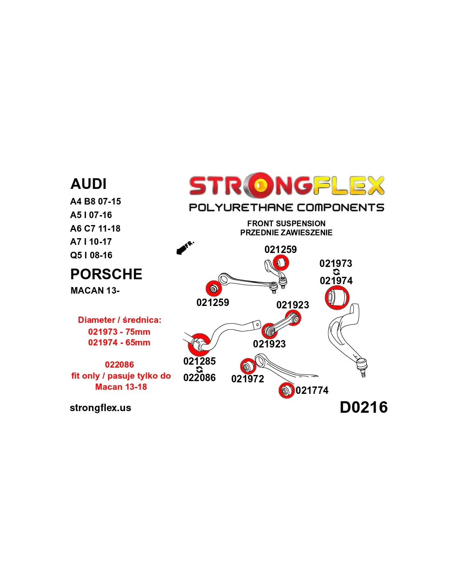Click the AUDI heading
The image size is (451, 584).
[89, 184]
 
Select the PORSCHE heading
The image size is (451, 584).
[106, 274]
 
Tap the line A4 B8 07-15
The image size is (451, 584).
[96, 202]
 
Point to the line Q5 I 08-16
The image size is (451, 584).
[91, 255]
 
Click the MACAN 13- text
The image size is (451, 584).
[95, 291]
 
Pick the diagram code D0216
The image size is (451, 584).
[363, 407]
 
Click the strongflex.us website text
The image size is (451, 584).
[100, 408]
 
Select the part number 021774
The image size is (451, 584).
[312, 391]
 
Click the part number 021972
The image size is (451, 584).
[248, 379]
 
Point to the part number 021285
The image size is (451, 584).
[199, 361]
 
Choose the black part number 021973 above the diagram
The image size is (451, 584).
[336, 264]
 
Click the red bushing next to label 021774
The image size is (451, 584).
[286, 390]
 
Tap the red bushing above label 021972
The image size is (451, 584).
[248, 366]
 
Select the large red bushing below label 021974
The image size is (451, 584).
[337, 298]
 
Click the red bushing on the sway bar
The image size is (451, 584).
[199, 344]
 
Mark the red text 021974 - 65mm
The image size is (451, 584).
[119, 343]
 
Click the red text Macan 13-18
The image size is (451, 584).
[121, 387]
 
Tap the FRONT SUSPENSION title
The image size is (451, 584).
[286, 223]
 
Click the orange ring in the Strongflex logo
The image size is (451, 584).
[260, 185]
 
